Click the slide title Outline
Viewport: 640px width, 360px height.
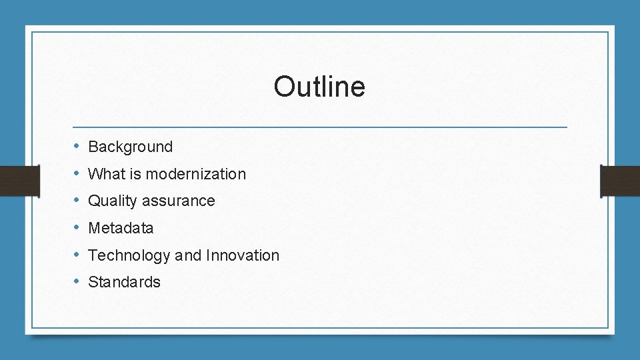(319, 87)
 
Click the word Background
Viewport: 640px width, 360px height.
(130, 147)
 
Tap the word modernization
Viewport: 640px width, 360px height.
(195, 174)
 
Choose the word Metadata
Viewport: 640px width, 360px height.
(121, 228)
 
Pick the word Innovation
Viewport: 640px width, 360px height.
(243, 255)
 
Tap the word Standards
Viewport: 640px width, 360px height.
(124, 282)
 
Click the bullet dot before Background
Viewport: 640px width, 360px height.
(77, 147)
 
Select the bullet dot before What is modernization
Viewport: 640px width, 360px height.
(77, 174)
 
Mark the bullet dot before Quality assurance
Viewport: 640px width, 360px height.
(77, 201)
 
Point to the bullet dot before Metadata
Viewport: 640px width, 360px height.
(77, 228)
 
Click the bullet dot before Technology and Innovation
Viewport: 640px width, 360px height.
(77, 255)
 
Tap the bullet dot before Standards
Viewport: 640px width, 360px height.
(77, 282)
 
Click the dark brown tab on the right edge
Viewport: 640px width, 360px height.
(620, 181)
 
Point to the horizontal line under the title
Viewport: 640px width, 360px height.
(319, 127)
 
